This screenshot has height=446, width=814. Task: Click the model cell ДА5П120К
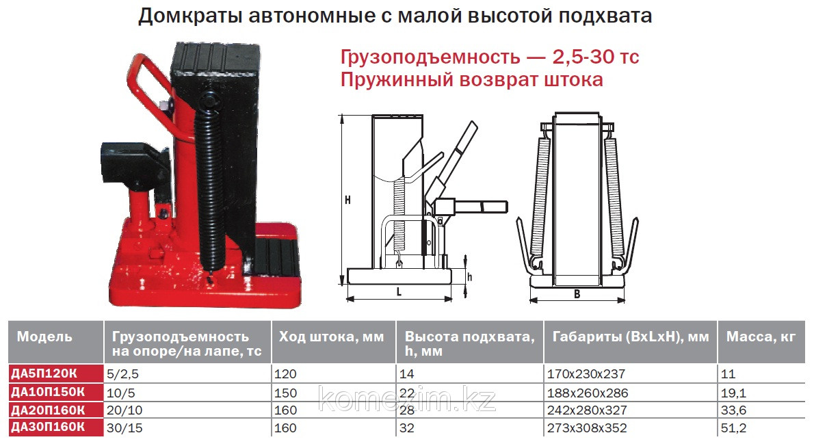click(44, 373)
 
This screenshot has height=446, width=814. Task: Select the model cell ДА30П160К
click(48, 428)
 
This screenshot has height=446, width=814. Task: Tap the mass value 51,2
click(733, 428)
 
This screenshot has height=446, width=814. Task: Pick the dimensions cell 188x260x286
click(587, 393)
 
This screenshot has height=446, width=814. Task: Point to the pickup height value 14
click(407, 373)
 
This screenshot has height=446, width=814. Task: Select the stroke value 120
click(285, 373)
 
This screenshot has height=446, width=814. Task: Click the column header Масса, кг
click(761, 337)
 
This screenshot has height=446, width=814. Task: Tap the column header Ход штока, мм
click(331, 337)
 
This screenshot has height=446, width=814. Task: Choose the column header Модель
click(44, 337)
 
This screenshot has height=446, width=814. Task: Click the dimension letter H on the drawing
click(347, 200)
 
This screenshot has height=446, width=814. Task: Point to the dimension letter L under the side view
click(399, 292)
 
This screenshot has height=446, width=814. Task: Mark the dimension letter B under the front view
click(577, 294)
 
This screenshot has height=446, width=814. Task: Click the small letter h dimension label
click(469, 277)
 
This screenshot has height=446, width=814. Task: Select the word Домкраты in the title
click(191, 16)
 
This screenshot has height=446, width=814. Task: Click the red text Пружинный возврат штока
click(471, 80)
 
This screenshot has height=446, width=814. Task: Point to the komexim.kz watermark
click(407, 399)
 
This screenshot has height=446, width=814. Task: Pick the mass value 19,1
click(733, 393)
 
